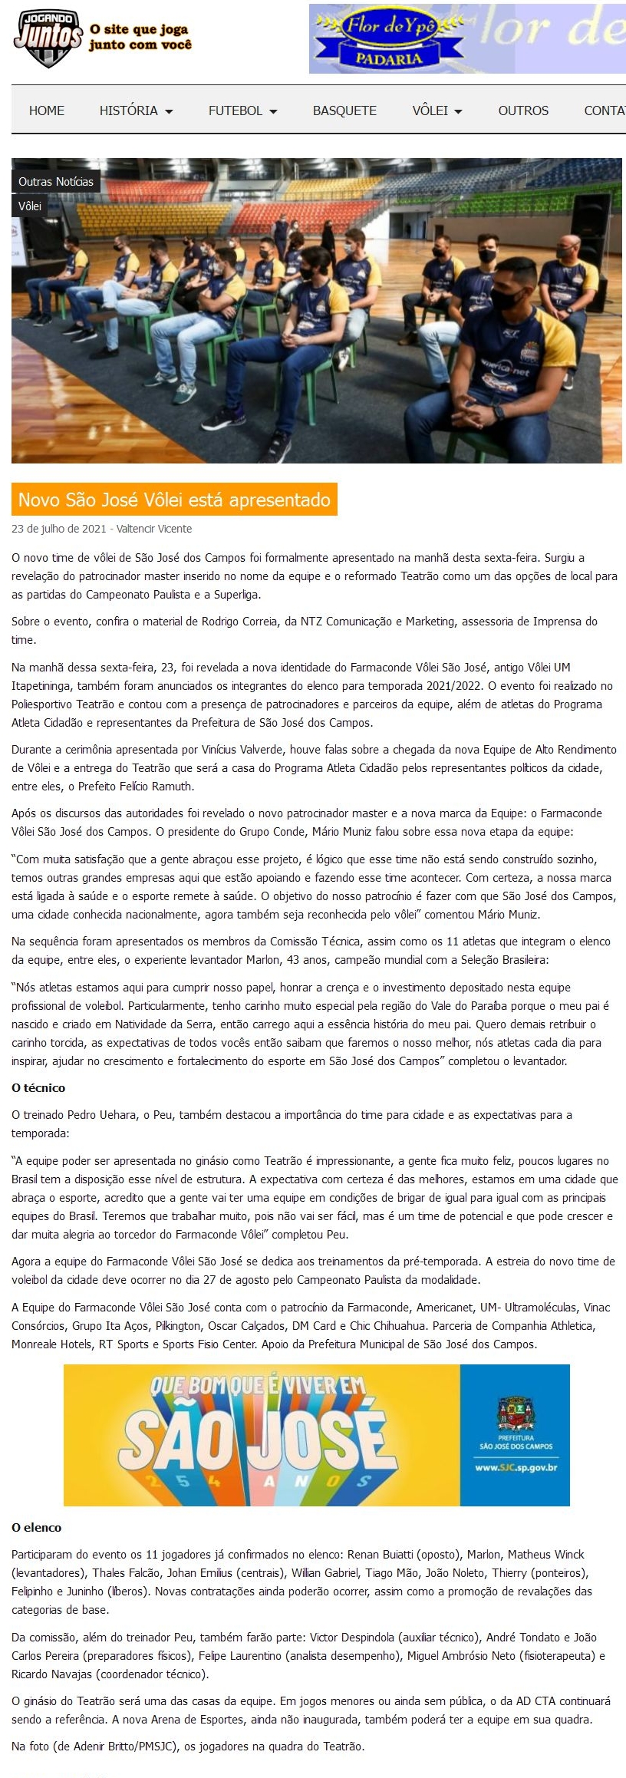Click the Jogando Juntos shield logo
48,38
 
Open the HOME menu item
47,111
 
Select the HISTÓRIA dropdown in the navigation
136,111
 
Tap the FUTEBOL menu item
242,111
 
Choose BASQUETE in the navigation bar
344,111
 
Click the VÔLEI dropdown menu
437,111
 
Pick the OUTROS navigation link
523,111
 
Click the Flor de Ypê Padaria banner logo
390,39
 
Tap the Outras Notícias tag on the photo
56,182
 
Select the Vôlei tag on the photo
30,206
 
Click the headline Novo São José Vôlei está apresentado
174,500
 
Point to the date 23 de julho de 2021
58,529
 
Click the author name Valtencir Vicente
154,529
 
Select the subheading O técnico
38,1087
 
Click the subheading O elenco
36,1527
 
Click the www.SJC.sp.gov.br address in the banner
516,1467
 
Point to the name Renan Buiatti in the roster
380,1555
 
